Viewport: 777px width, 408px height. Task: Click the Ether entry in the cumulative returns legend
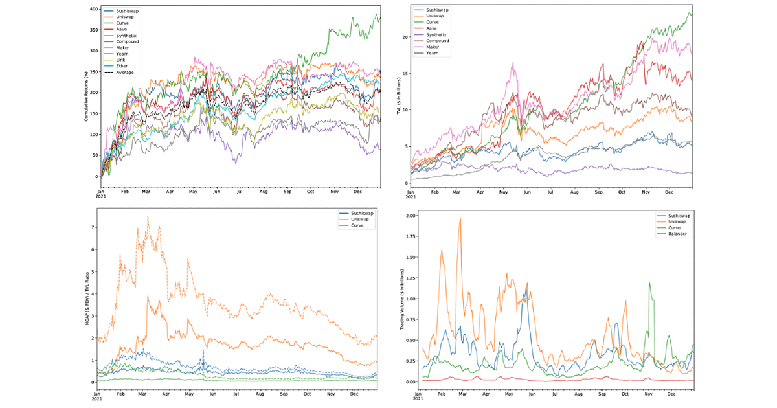coord(124,66)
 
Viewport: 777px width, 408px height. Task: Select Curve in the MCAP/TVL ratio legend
coord(360,225)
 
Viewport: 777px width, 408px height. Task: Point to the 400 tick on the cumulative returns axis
coord(94,9)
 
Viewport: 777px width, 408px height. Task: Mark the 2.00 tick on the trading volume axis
coord(409,215)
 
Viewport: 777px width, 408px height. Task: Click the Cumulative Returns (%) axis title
coord(86,94)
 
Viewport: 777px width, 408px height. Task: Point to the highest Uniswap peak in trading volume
coord(460,219)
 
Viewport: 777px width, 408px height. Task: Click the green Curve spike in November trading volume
coord(649,282)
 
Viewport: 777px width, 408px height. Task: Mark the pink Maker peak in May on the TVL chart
coord(513,62)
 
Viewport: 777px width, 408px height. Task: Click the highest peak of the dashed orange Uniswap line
coord(148,217)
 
